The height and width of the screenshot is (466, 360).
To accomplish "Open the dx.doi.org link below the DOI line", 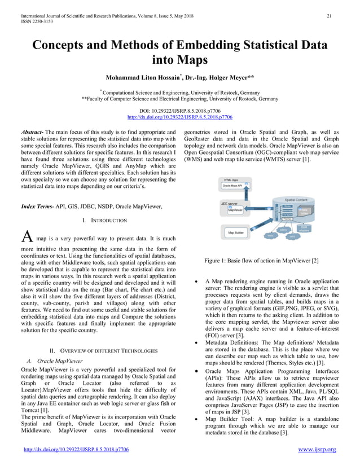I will (180, 117).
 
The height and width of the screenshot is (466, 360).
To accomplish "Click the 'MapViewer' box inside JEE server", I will (236, 210).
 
